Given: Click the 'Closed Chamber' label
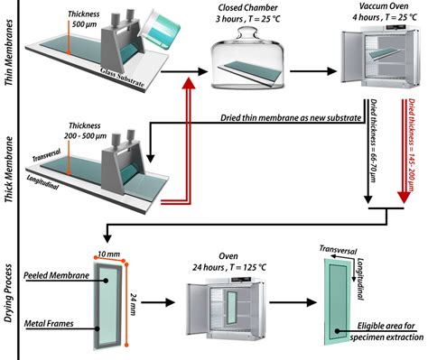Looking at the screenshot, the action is [247, 7].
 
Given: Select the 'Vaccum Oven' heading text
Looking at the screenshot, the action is [384, 6].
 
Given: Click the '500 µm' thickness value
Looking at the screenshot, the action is [85, 24].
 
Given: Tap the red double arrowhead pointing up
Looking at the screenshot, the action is [189, 83].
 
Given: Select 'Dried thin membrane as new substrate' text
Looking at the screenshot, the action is [291, 117].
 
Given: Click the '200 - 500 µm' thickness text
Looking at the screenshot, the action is [85, 136].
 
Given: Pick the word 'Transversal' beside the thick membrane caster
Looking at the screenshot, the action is [46, 154].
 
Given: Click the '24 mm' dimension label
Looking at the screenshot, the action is [134, 304].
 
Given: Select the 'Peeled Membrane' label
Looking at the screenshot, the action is [56, 275].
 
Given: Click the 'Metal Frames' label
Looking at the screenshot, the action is [49, 324].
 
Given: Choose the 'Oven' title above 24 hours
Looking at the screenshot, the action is [228, 256].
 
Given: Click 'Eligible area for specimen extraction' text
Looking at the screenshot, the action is [386, 331].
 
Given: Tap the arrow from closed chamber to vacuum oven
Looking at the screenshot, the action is [313, 71].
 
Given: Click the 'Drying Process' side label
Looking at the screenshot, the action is [9, 293].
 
